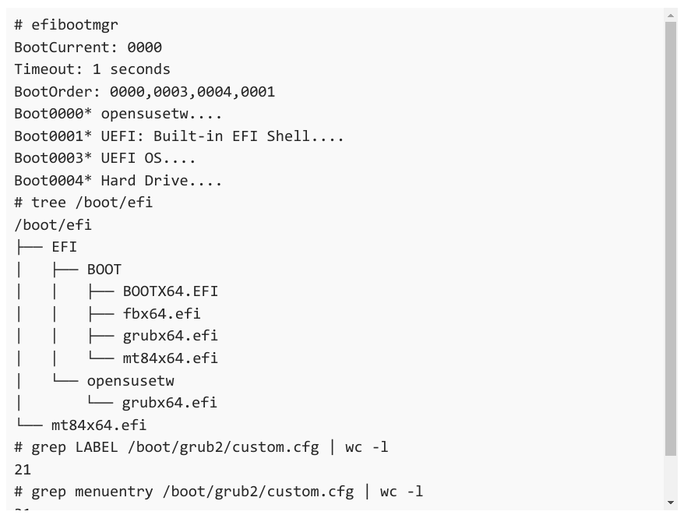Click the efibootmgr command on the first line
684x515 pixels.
coord(75,25)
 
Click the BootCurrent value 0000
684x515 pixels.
coord(144,47)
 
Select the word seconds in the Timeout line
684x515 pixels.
coord(140,69)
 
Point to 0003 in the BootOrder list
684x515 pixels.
coord(171,92)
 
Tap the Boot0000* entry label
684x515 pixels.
coord(53,114)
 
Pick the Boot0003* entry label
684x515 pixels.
coord(53,158)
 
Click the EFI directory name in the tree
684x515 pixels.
coord(64,247)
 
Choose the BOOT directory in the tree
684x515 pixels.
coord(104,270)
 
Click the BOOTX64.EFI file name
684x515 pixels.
coord(170,291)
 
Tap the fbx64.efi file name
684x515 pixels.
coord(161,313)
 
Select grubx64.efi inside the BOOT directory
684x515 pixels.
coord(170,336)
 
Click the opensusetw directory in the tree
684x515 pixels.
coord(130,380)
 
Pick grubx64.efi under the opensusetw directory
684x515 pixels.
coord(169,402)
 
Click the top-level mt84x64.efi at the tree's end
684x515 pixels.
coord(99,425)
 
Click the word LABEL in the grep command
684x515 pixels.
coord(97,447)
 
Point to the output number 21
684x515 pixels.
coord(23,470)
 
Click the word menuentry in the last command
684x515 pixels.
coord(114,492)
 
